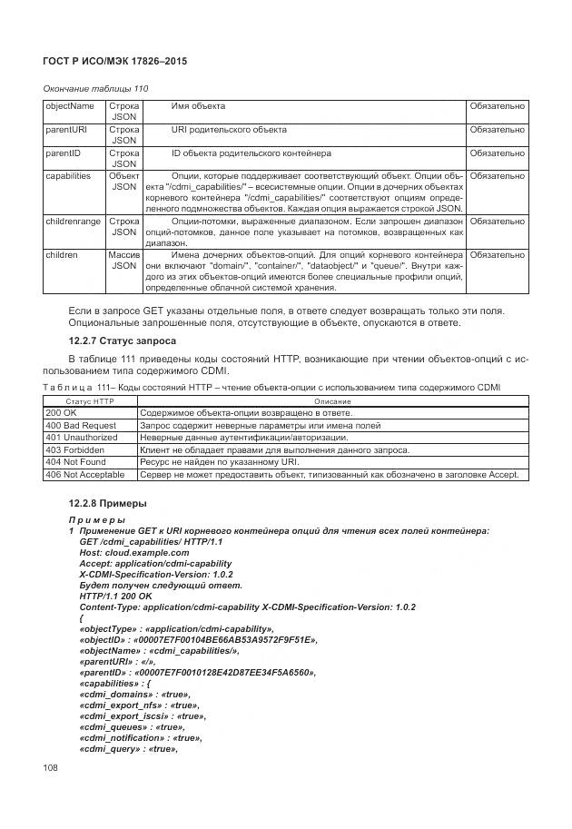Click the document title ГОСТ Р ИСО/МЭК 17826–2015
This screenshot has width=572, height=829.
click(x=121, y=61)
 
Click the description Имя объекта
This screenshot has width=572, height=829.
click(x=198, y=106)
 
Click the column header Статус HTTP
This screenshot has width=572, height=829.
click(x=89, y=400)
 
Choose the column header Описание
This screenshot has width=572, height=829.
click(x=331, y=400)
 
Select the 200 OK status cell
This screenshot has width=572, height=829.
click(x=60, y=412)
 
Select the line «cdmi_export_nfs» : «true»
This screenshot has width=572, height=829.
click(x=140, y=705)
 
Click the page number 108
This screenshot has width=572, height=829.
click(x=52, y=768)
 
